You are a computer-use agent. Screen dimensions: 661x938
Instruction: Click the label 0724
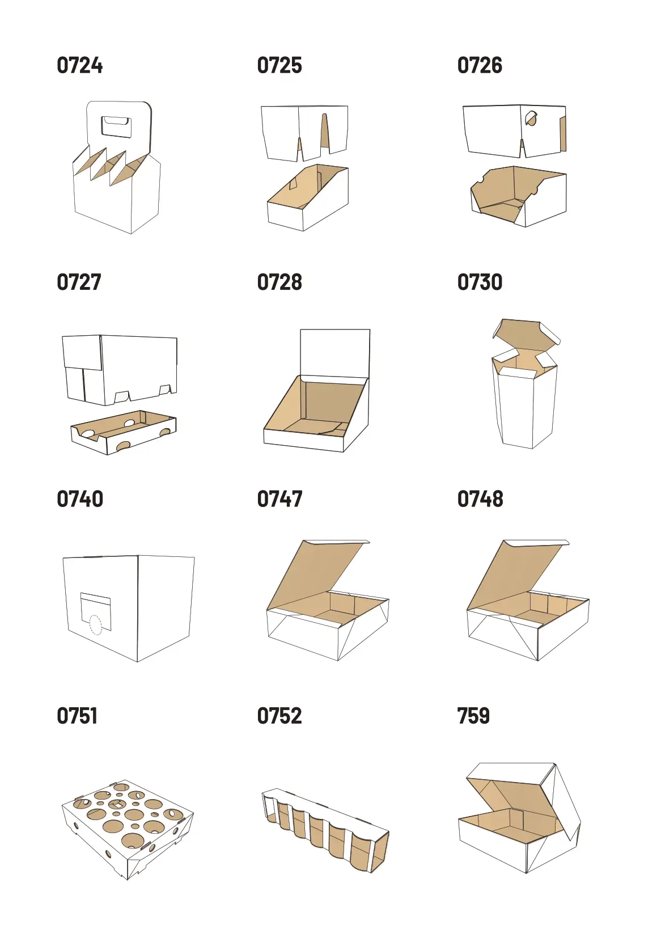pyautogui.click(x=79, y=65)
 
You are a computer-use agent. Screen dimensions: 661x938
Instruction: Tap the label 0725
pyautogui.click(x=279, y=65)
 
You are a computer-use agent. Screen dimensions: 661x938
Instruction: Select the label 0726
pyautogui.click(x=480, y=65)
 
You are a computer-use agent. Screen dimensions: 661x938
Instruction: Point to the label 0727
pyautogui.click(x=79, y=282)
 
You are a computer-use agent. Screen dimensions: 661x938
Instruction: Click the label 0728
pyautogui.click(x=279, y=282)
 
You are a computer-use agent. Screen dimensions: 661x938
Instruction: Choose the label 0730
pyautogui.click(x=480, y=282)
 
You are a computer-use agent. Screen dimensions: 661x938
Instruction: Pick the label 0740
pyautogui.click(x=79, y=498)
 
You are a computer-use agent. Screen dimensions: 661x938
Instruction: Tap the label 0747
pyautogui.click(x=279, y=498)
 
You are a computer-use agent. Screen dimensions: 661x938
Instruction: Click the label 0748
pyautogui.click(x=480, y=498)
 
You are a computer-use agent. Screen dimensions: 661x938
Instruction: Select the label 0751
pyautogui.click(x=77, y=716)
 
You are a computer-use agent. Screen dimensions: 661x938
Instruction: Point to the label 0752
pyautogui.click(x=279, y=716)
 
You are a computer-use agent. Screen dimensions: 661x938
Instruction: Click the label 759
pyautogui.click(x=473, y=716)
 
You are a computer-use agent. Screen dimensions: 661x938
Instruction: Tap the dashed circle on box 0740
pyautogui.click(x=96, y=624)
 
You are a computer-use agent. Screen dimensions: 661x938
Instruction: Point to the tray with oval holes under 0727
pyautogui.click(x=124, y=432)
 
